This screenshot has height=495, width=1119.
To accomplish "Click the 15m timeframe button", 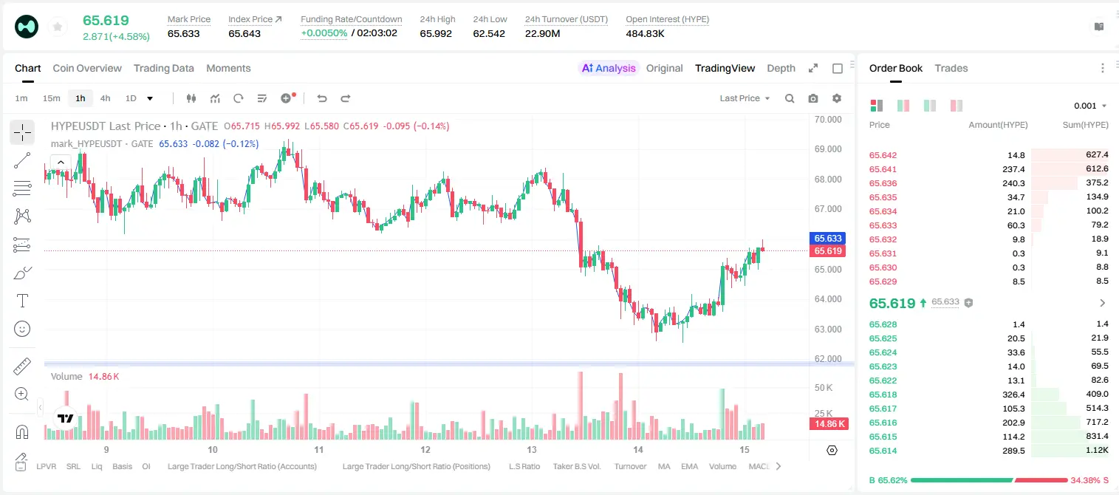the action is [x=52, y=98].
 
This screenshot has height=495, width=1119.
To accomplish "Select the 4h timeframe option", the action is [x=105, y=98].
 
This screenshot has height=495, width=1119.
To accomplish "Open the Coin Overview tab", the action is [x=87, y=68].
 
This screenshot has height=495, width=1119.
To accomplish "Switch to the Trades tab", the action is [x=951, y=68].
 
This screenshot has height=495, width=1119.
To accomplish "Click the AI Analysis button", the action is [x=609, y=68].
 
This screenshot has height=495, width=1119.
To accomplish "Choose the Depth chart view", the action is [x=781, y=68].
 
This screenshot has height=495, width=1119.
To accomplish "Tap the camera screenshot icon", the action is [x=813, y=98].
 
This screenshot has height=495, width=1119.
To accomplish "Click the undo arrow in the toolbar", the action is [x=322, y=98].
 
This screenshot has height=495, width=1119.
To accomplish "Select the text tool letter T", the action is [x=22, y=301].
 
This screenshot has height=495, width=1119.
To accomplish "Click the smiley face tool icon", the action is [x=22, y=329].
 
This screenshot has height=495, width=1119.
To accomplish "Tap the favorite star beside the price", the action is [x=58, y=27].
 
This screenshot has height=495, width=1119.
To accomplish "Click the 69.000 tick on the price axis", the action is [x=828, y=148].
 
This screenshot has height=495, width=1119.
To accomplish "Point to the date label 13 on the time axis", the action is [x=532, y=449].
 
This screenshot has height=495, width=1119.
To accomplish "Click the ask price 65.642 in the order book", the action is [x=883, y=155].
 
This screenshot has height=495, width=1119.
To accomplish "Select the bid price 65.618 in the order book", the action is [x=883, y=395].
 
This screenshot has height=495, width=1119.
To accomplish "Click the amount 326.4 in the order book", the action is [x=1013, y=395].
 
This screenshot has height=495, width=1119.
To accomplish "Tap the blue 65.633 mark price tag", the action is [x=827, y=238].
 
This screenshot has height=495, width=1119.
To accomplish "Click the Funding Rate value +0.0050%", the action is [x=324, y=33].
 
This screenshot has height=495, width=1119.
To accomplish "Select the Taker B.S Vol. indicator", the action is [x=576, y=466].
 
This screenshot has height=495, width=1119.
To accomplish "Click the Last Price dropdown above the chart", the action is [x=745, y=98].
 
